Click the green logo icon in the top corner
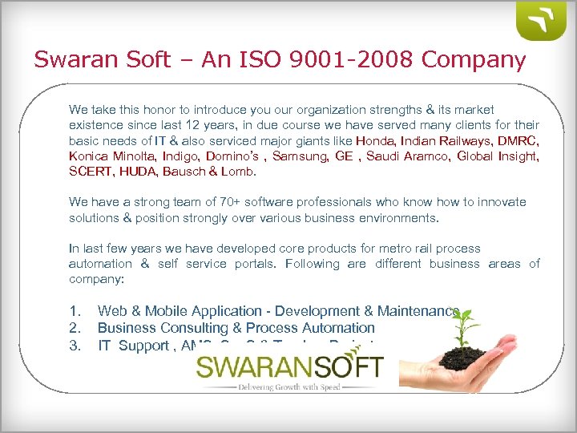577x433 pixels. pyautogui.click(x=542, y=21)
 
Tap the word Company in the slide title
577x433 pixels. pyautogui.click(x=474, y=60)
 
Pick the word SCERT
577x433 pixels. pyautogui.click(x=90, y=171)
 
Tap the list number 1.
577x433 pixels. pyautogui.click(x=75, y=311)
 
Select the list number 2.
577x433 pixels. pyautogui.click(x=75, y=328)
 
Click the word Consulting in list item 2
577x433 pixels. pyautogui.click(x=188, y=328)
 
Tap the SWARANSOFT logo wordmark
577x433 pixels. pyautogui.click(x=290, y=370)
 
